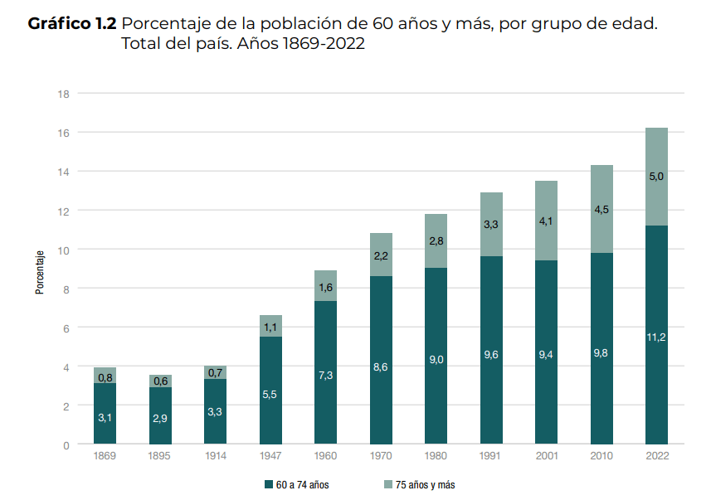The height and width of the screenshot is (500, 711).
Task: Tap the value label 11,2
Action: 656,337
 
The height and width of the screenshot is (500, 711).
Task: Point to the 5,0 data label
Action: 656,177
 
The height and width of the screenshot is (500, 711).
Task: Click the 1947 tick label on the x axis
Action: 270,456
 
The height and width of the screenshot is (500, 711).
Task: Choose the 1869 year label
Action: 105,456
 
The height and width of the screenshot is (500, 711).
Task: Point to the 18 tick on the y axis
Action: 63,93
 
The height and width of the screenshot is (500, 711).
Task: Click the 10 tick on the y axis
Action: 63,250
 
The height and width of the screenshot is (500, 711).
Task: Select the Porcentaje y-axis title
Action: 39,271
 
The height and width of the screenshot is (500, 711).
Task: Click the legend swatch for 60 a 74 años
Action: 269,484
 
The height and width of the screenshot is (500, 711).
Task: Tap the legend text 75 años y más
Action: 425,484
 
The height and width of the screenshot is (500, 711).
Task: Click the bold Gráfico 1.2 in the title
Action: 72,24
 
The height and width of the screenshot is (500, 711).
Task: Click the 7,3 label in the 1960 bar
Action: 326,376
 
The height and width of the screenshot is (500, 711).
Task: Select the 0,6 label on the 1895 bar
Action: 160,381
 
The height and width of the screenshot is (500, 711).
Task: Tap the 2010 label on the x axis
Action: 601,456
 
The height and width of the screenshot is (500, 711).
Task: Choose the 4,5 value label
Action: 601,209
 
